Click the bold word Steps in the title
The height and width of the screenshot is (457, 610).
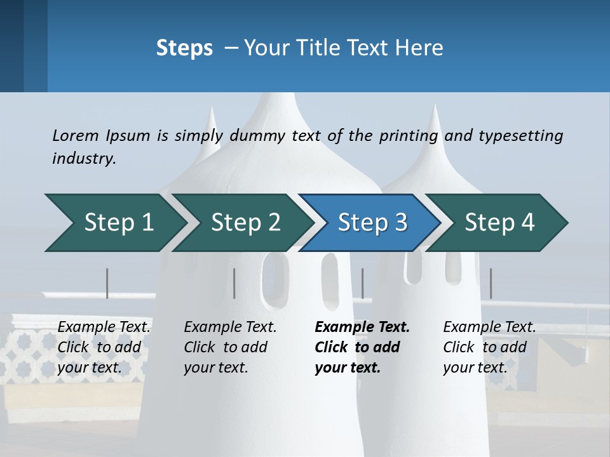pos(184,48)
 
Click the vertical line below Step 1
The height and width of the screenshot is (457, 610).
pos(107,283)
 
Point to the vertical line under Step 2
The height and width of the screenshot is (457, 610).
pos(234,283)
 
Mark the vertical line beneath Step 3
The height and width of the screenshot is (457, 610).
pos(362,283)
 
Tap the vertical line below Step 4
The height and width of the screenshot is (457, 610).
pos(491,283)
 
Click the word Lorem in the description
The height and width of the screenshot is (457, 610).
pos(76,136)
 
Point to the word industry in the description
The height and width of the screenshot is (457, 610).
pos(84,159)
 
